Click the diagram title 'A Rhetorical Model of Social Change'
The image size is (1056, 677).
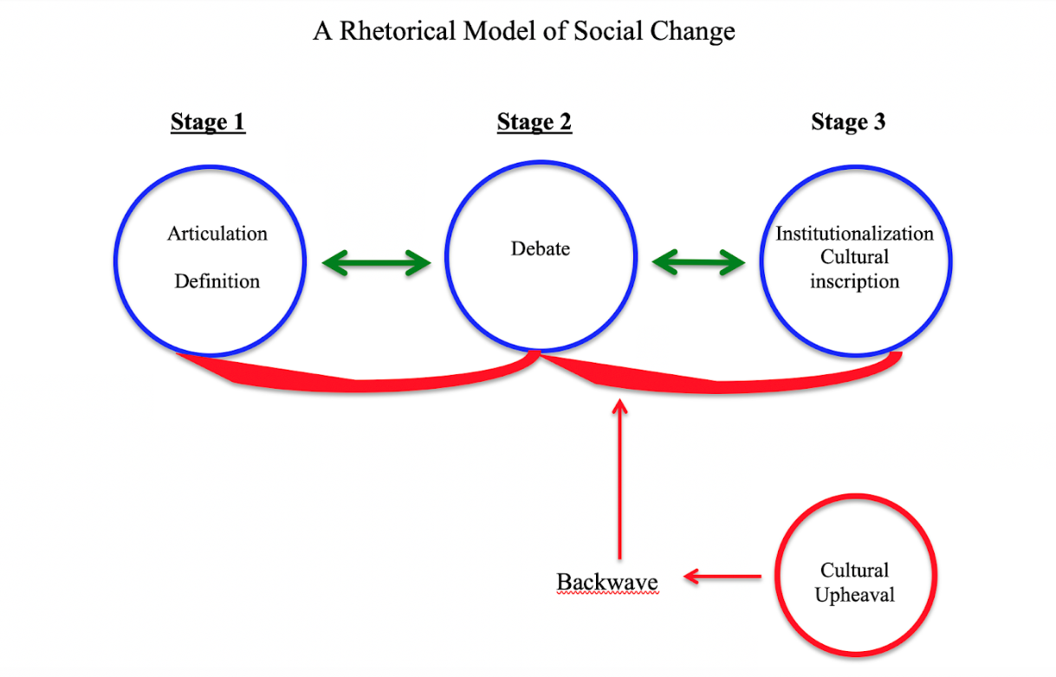(x=523, y=32)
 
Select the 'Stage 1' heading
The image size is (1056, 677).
(x=208, y=122)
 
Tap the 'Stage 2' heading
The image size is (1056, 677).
(x=534, y=122)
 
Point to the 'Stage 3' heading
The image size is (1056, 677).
(x=848, y=122)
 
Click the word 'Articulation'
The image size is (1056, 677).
(x=217, y=234)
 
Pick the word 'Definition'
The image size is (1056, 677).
(x=217, y=281)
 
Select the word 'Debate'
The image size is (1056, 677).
(x=541, y=249)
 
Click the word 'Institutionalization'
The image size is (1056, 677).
(x=854, y=234)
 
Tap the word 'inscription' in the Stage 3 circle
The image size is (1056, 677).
(x=854, y=281)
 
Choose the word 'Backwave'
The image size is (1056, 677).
(x=607, y=582)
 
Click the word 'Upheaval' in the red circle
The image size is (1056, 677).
(x=854, y=596)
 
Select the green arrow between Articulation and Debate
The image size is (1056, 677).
(x=376, y=263)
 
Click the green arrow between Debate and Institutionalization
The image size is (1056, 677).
(x=698, y=263)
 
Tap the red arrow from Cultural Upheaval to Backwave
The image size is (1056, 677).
(x=722, y=576)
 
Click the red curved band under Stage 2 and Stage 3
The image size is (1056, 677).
(x=719, y=382)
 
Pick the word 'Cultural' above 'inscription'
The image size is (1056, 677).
(x=854, y=257)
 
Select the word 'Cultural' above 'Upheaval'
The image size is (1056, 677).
(x=854, y=571)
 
